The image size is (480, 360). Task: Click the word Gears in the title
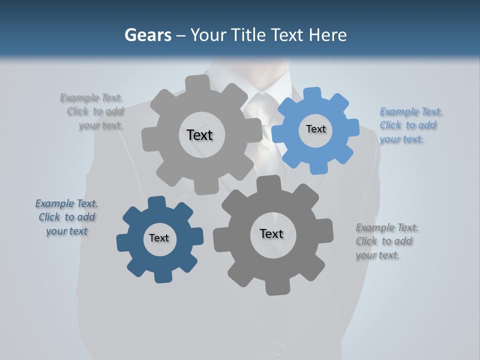coord(147,35)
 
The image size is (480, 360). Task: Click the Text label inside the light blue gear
coord(315,129)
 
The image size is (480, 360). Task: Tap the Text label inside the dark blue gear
coord(159,238)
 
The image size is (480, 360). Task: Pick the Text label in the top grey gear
coord(199,135)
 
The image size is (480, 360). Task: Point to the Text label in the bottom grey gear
coord(271,233)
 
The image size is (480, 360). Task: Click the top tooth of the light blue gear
coord(313,93)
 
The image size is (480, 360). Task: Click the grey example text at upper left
coord(94,111)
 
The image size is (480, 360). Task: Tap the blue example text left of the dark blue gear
coord(66,217)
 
